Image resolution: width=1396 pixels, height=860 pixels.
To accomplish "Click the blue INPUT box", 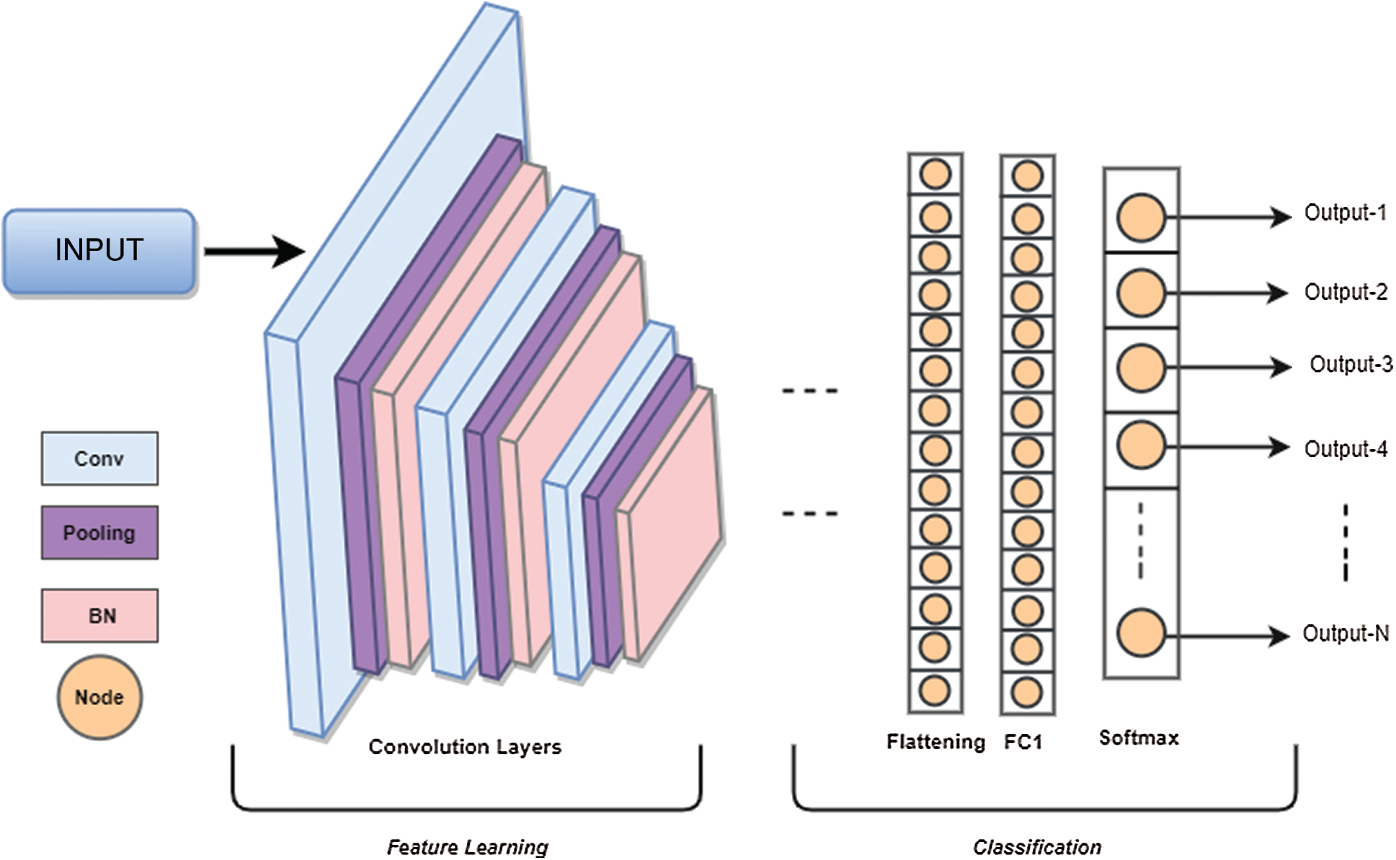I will (x=99, y=251).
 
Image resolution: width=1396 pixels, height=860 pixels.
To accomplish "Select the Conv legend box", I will (x=99, y=458).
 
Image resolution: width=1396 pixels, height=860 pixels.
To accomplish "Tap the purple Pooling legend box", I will (x=99, y=533).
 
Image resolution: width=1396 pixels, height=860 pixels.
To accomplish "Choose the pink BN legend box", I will (x=99, y=616).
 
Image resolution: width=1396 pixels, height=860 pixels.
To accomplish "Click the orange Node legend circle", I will (x=99, y=697).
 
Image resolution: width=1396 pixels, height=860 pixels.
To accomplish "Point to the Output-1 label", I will (x=1345, y=213).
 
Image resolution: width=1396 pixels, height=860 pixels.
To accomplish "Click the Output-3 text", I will (x=1351, y=365).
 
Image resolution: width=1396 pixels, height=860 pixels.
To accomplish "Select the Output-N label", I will (x=1345, y=634).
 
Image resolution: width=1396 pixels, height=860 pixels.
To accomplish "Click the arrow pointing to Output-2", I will (x=1229, y=293).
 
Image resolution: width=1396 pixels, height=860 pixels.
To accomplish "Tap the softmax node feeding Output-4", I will (x=1141, y=445).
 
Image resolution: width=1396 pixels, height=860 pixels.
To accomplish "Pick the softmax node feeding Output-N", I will (x=1141, y=633).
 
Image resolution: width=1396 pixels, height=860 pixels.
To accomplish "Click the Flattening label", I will (x=935, y=742).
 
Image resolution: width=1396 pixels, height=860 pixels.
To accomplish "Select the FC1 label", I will (x=1023, y=742).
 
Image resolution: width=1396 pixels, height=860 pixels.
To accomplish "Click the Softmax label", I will (x=1139, y=738).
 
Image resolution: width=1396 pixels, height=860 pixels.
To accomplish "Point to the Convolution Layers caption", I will (x=465, y=747).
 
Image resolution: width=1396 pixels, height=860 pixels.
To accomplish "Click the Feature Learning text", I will (x=467, y=847).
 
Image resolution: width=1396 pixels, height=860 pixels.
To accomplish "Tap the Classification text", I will (x=1036, y=847).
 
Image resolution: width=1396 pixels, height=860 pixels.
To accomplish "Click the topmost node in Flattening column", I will (x=935, y=174).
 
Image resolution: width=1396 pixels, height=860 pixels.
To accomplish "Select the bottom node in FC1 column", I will (x=1027, y=693).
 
